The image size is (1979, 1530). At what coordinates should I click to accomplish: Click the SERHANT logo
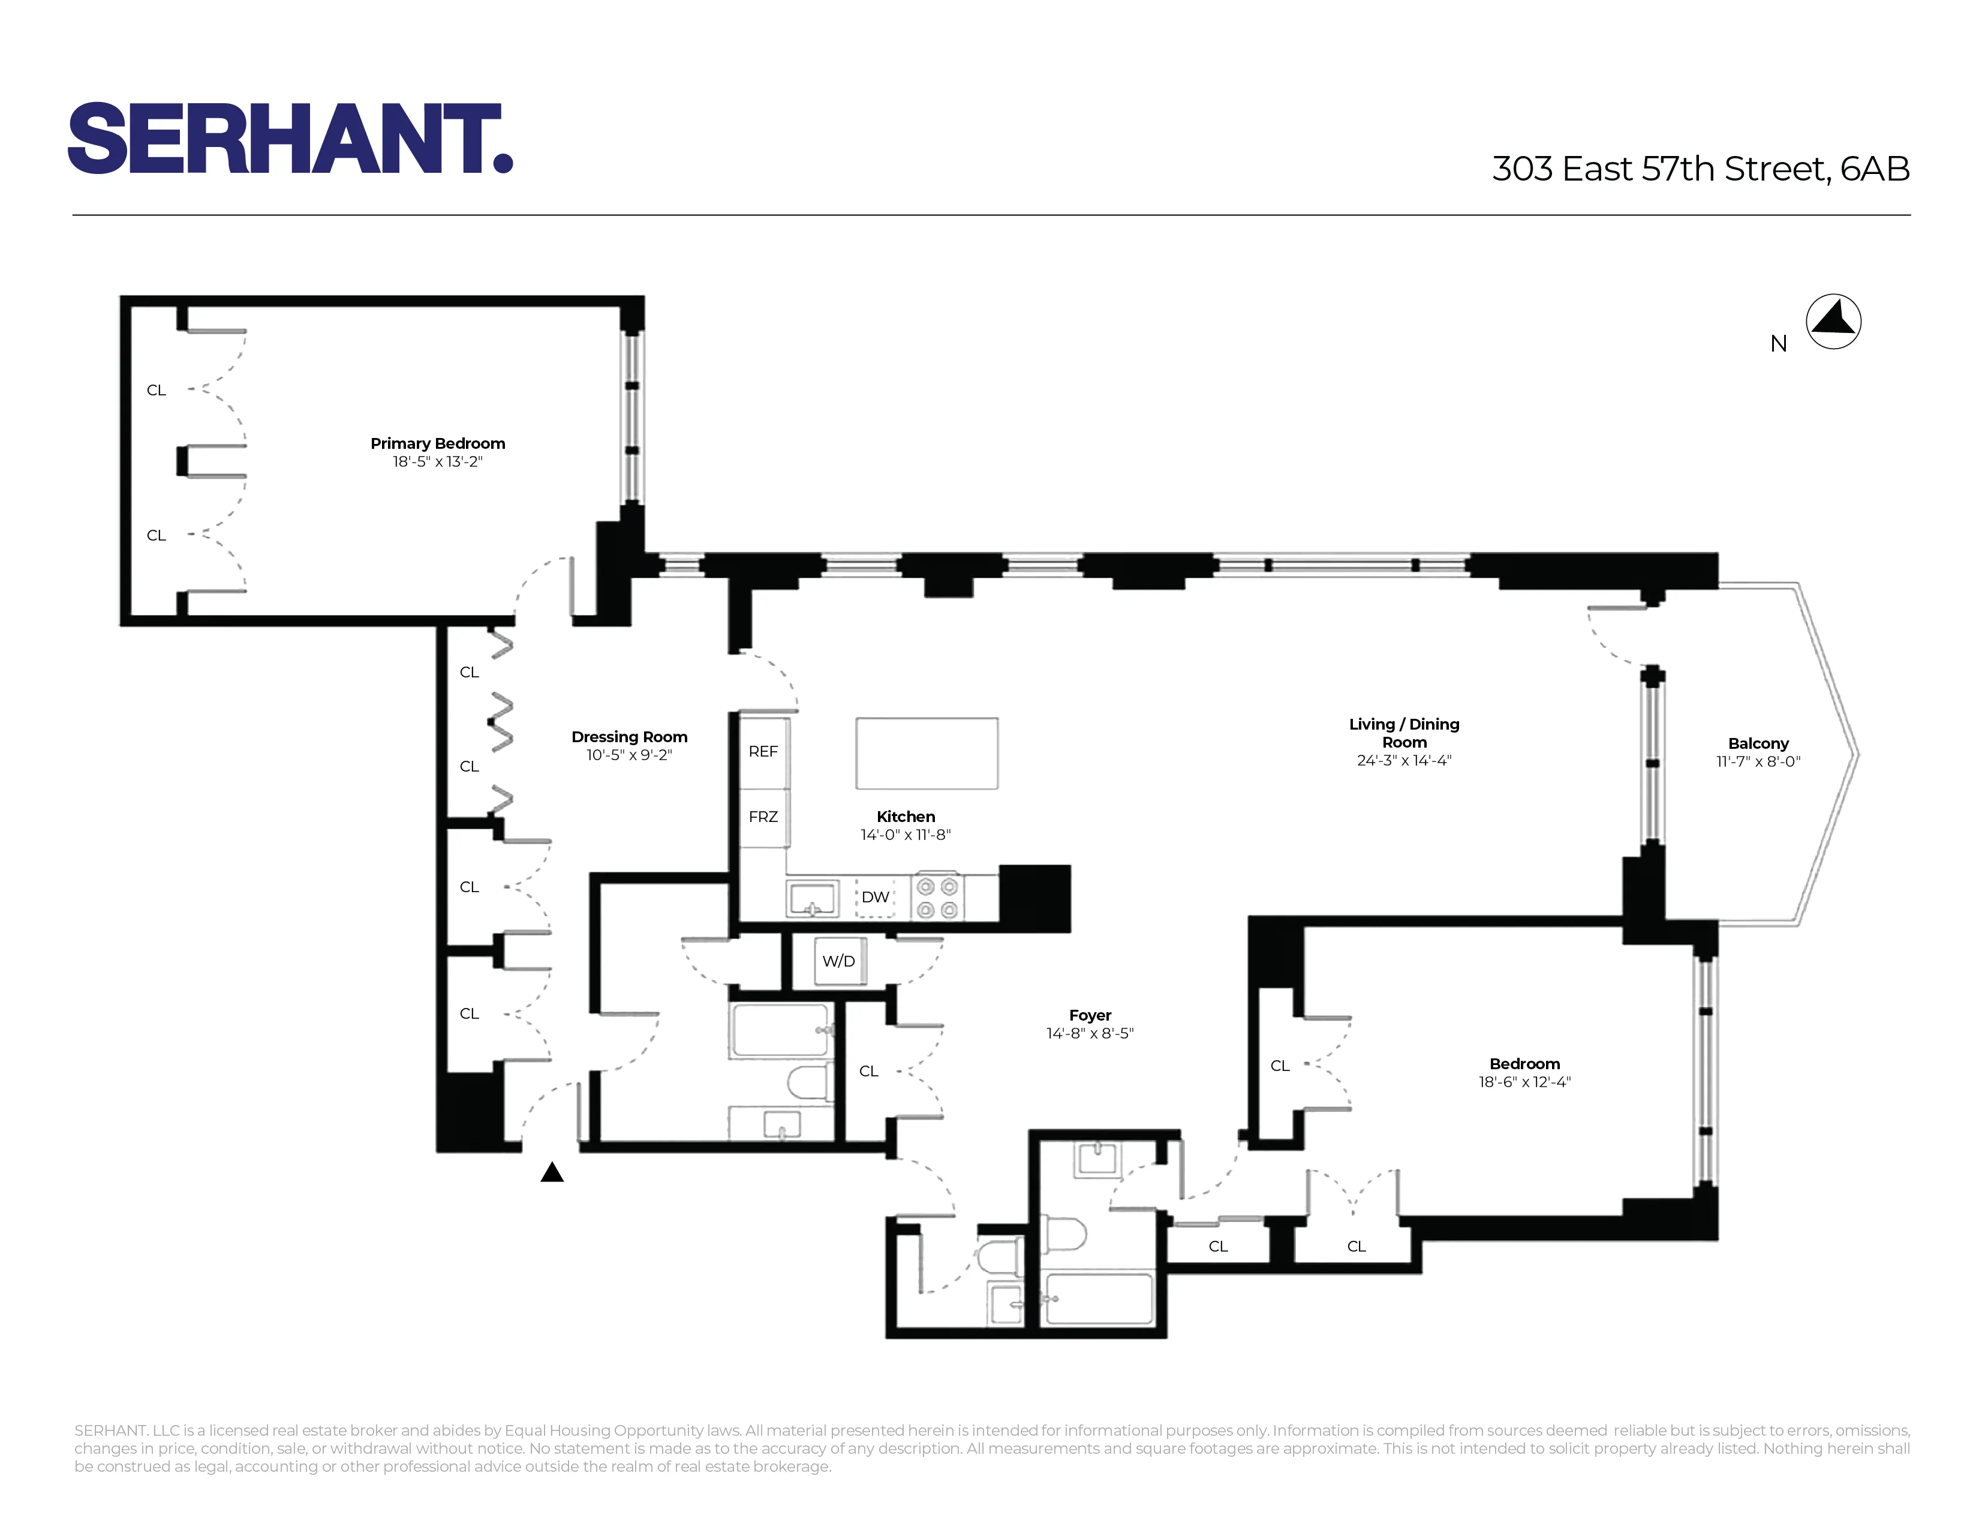tap(290, 138)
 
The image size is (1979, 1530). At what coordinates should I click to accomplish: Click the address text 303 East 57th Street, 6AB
tap(1700, 169)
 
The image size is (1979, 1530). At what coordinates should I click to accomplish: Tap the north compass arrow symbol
tap(1833, 322)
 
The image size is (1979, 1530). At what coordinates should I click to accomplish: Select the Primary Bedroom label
tap(438, 443)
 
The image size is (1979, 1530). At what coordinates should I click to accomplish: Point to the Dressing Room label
tap(629, 737)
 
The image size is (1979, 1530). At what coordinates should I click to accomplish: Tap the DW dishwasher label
tap(874, 898)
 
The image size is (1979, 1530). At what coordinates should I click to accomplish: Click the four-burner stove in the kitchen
tap(937, 898)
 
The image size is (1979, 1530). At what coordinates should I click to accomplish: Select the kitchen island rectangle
tap(926, 753)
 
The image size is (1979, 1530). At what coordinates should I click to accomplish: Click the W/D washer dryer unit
tap(839, 961)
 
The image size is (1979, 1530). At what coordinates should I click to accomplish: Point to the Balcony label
tap(1758, 743)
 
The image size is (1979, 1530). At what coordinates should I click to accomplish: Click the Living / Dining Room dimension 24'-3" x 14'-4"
tap(1404, 760)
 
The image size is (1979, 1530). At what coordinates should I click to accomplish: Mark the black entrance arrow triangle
tap(552, 1173)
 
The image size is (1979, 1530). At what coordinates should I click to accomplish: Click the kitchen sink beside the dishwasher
tap(813, 899)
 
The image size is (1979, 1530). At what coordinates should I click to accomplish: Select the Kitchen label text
tap(905, 817)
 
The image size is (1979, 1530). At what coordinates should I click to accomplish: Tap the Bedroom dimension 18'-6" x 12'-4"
tap(1524, 1081)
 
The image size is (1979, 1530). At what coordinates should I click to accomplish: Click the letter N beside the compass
tap(1779, 344)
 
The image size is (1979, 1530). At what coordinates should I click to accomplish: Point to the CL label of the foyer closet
tap(868, 1072)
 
